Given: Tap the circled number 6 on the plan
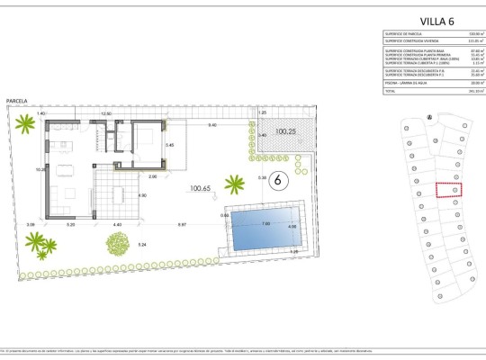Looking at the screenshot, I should pyautogui.click(x=278, y=180).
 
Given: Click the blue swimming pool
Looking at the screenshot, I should pyautogui.click(x=265, y=231).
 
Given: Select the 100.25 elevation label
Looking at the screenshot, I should pyautogui.click(x=286, y=132).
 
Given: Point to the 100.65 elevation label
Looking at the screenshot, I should pyautogui.click(x=201, y=188).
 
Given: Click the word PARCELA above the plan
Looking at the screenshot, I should pyautogui.click(x=16, y=102).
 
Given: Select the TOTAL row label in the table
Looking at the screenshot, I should pyautogui.click(x=391, y=91).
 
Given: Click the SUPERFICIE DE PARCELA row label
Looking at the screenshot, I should pyautogui.click(x=402, y=35).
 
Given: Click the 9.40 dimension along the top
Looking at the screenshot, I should pyautogui.click(x=211, y=125).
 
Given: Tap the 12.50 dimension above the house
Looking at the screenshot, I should pyautogui.click(x=106, y=114).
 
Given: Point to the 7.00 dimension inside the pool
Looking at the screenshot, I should pyautogui.click(x=265, y=223).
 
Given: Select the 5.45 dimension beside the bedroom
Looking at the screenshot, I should pyautogui.click(x=168, y=145).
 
